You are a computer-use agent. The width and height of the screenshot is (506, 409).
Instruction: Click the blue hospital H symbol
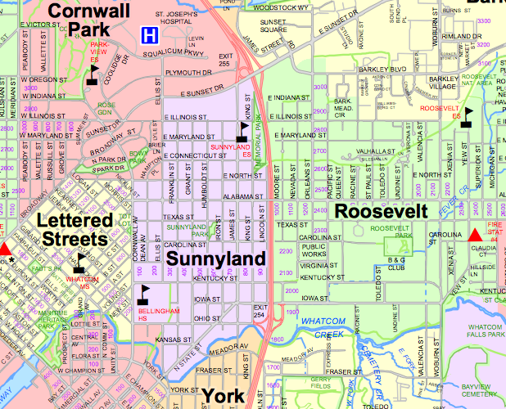150,35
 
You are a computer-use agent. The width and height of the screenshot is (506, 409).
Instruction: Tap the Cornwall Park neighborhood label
88,20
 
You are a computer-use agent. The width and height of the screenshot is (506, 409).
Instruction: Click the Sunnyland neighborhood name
216,259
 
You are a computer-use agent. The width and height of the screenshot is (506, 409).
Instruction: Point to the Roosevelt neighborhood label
382,210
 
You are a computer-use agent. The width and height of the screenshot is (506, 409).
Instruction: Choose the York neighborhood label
222,396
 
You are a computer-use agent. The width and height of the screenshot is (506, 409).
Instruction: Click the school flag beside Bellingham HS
145,293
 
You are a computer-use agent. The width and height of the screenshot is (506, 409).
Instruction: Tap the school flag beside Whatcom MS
79,262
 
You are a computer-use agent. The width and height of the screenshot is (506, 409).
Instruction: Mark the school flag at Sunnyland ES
242,130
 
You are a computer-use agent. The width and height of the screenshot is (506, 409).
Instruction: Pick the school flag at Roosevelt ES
468,115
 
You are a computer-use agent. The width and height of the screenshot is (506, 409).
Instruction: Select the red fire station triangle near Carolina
475,236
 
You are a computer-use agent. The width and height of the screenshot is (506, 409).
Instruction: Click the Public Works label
314,250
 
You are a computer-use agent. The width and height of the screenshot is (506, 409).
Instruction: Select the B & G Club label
373,263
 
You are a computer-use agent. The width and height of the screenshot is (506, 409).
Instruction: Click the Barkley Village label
443,86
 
